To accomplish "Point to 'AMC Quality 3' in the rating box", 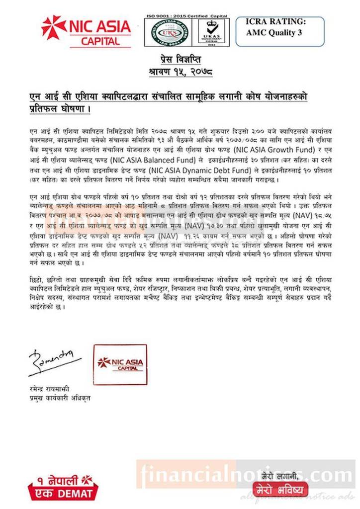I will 277,34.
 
